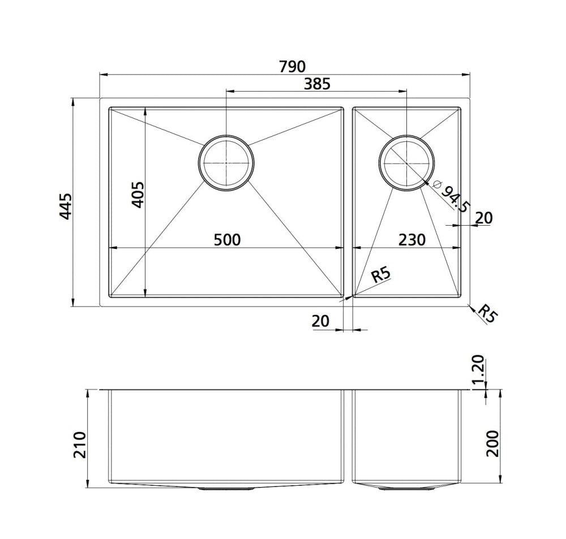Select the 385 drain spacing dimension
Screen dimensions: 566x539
(318, 84)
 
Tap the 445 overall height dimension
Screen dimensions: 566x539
(66, 206)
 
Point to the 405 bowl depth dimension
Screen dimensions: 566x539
(138, 195)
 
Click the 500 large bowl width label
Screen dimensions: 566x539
(227, 240)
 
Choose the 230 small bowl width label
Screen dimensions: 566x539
(412, 240)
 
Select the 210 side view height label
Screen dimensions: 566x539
(80, 445)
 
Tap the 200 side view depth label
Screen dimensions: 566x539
(492, 444)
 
